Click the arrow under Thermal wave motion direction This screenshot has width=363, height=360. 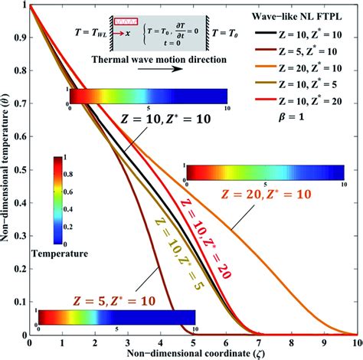138,69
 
